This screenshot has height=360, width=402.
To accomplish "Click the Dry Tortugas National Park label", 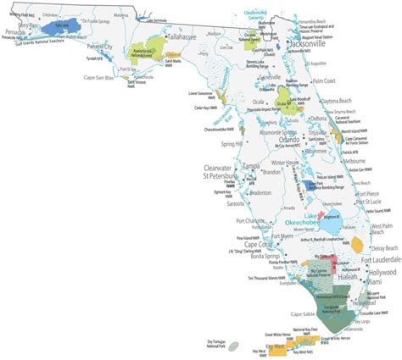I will (219, 342).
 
